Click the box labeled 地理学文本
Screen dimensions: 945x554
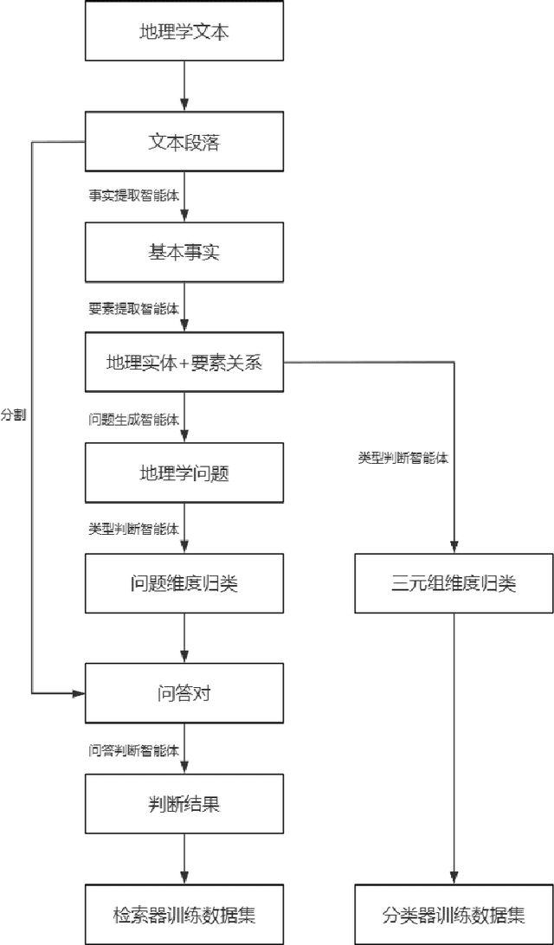point(184,31)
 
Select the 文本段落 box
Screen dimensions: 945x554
point(184,142)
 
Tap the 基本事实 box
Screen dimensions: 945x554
point(184,252)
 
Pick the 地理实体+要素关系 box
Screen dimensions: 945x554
point(184,363)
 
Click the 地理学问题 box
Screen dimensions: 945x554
point(184,472)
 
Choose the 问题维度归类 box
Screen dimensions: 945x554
point(184,582)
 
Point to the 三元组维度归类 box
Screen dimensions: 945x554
point(454,582)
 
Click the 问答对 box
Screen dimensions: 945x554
point(184,692)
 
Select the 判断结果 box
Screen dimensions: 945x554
point(184,803)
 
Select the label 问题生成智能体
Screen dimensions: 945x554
point(133,420)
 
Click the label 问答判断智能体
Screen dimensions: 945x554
point(133,749)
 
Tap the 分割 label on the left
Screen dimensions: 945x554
point(13,415)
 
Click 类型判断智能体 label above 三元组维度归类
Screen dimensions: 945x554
point(403,457)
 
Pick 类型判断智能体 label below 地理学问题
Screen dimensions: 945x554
point(133,529)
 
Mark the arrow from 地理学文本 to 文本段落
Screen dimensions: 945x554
point(184,87)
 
